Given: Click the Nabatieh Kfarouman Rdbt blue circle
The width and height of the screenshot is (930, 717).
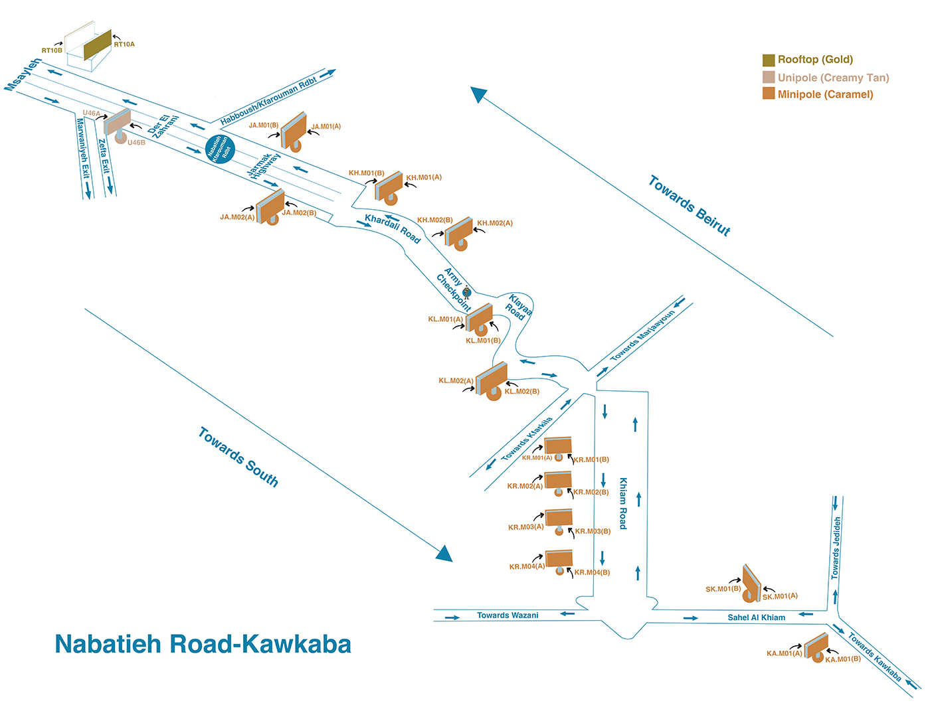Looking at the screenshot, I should coord(220,149).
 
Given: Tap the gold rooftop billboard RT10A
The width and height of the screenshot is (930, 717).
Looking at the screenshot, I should coord(98,44).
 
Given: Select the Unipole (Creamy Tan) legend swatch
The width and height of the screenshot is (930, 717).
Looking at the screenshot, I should coord(769,78).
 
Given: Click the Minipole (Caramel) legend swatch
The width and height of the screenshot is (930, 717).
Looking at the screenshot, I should coord(769,94).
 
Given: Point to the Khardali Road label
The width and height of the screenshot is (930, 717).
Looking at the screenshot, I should coord(393,228).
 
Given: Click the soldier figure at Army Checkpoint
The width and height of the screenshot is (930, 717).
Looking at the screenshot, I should coord(467,292).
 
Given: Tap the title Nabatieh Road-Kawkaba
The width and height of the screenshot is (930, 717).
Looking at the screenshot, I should coord(203,645).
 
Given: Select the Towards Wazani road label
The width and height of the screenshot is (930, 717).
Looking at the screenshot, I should coord(508,615).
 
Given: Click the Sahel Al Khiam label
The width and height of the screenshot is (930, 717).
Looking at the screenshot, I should coord(756,617).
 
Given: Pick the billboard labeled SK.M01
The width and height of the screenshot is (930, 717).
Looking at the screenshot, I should coord(751,583).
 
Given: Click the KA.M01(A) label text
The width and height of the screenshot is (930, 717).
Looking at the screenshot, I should coord(785,653).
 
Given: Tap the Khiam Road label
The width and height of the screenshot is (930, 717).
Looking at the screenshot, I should coord(623,503).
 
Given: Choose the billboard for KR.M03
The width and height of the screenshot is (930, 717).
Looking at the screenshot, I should coord(559,518).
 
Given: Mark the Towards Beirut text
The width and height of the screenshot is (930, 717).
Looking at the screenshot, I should coord(690,206).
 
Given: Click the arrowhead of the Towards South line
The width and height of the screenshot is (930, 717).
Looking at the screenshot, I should coord(444,554).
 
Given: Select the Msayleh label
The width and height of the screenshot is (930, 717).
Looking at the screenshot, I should coord(23,74).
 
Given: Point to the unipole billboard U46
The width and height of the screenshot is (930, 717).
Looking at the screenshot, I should coord(118,122).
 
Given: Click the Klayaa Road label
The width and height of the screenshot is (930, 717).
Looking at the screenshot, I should coord(519,307).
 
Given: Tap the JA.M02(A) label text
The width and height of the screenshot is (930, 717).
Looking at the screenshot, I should coord(237,217).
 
